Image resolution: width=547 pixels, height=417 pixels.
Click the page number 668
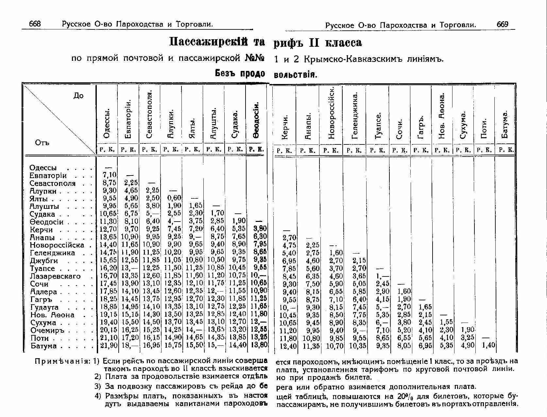pos(35,24)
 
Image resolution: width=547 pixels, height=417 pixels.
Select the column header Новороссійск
pos(331,113)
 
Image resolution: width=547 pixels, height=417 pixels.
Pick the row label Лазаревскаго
pos(55,276)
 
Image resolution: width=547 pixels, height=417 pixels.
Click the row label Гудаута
pos(44,307)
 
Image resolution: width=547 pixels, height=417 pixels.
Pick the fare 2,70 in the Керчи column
pos(289,238)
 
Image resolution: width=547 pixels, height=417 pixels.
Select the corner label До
pos(78,96)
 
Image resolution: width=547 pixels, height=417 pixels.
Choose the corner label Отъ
pos(42,143)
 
